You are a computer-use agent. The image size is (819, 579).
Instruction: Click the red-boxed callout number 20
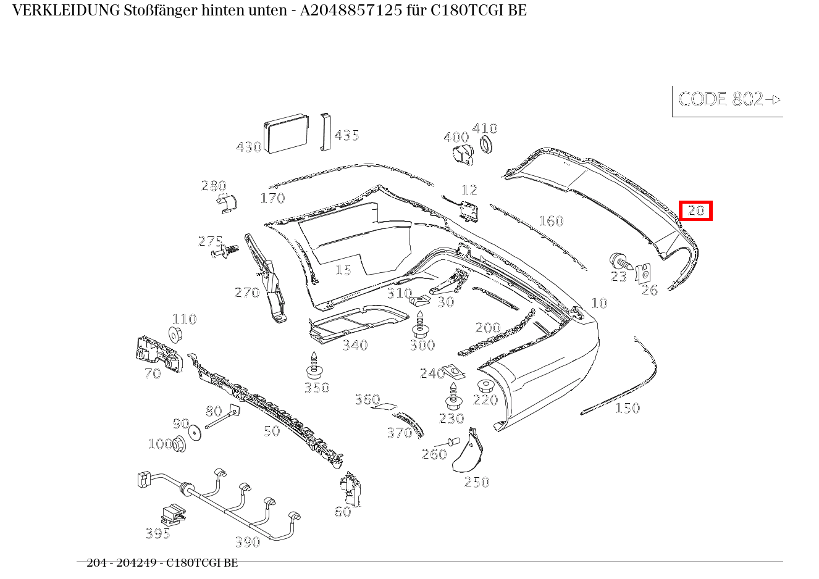coord(695,210)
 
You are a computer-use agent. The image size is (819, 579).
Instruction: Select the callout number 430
coord(249,147)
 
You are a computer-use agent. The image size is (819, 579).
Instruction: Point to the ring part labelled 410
coord(486,144)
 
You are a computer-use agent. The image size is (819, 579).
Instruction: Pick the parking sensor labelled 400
coord(463,156)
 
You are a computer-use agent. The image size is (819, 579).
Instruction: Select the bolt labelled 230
coord(454,396)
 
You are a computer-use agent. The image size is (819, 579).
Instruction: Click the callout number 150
coord(628,408)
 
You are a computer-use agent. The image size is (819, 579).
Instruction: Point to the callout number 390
coord(248,542)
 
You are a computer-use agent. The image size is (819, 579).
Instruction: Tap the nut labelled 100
coord(179,444)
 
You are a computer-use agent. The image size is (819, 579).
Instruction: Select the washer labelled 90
coord(195,433)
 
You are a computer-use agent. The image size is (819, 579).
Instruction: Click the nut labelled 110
coord(175,335)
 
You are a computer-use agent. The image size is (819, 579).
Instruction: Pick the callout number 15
coord(343,270)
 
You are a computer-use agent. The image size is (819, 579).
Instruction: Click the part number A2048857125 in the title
coord(351,10)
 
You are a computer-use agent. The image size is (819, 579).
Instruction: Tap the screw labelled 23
coord(621,261)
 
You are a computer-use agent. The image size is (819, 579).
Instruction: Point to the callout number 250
coord(477,482)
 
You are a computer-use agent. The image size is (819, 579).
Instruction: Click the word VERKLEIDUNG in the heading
coord(66,10)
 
